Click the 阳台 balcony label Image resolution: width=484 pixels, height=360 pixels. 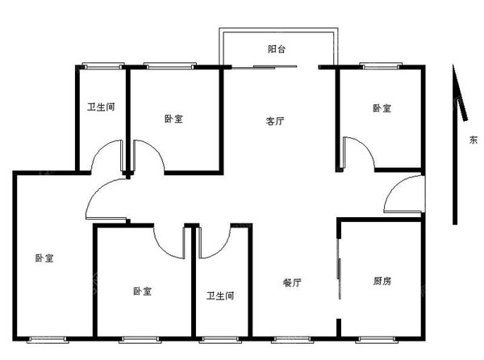coord(277,49)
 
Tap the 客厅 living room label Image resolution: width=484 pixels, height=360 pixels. coord(275,122)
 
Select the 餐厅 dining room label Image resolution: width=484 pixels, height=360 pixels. coord(292,283)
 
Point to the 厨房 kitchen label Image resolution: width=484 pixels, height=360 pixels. coord(382,282)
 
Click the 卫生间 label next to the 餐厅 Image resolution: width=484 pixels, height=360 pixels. coord(219,296)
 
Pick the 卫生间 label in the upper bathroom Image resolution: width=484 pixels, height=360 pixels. coord(102,108)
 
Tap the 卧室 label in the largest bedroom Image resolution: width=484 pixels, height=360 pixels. coord(44,258)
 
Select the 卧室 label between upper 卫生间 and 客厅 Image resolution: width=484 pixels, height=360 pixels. coord(173,119)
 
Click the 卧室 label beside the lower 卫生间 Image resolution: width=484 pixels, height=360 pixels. coord(143,291)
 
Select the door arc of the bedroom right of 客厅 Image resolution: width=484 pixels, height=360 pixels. coord(357,149)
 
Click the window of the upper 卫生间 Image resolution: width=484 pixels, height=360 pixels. coord(102,66)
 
